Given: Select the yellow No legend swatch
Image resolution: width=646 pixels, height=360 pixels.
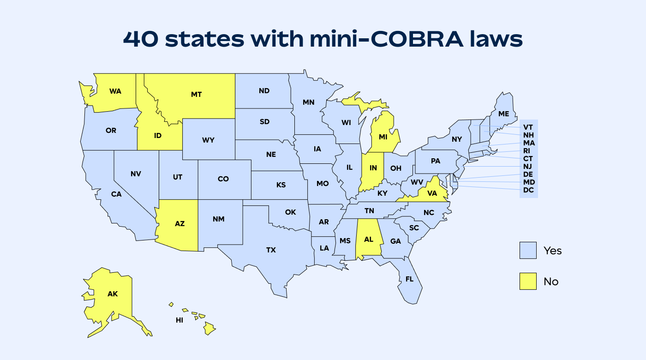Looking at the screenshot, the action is (528, 281).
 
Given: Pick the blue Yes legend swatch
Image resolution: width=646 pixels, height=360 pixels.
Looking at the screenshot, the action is (528, 250).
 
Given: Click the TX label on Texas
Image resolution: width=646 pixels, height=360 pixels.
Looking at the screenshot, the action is (271, 250).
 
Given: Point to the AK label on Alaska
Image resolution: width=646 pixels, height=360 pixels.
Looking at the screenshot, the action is (113, 294).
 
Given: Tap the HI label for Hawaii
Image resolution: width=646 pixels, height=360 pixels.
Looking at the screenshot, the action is (179, 320).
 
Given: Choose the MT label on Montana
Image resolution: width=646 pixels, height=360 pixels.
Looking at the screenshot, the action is (196, 94).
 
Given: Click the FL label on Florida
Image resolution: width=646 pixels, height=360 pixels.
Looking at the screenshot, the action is (409, 279).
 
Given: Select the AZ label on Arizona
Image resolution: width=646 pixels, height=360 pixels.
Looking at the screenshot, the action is (179, 223).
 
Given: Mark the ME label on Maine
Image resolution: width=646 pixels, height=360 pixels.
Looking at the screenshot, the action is (503, 114).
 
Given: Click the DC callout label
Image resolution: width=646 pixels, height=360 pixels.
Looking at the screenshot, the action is (528, 190).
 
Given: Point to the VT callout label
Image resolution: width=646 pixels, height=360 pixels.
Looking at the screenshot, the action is (528, 127).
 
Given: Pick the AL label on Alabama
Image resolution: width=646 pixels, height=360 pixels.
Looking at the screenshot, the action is (368, 240).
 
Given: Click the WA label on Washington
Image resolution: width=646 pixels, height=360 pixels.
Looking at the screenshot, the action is (115, 91).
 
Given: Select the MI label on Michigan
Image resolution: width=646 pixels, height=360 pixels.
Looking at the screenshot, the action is (383, 137).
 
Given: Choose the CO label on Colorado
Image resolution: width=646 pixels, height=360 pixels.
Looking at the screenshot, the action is (223, 179).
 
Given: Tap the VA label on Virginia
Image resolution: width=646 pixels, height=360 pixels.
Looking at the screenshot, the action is (432, 193).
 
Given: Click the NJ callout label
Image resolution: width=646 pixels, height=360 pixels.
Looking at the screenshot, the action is (528, 166).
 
